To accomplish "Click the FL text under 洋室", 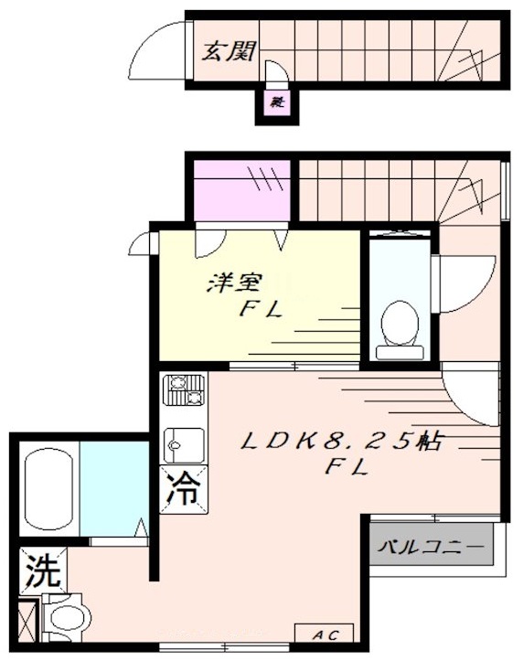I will [260, 309].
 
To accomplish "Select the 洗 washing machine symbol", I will [41, 571].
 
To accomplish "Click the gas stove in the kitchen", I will [184, 391].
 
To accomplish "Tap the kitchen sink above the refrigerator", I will [183, 444].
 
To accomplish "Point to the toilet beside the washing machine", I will [68, 617].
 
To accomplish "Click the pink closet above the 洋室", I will [241, 190].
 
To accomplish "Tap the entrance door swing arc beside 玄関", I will [157, 52].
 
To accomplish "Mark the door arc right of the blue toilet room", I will [464, 281].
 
